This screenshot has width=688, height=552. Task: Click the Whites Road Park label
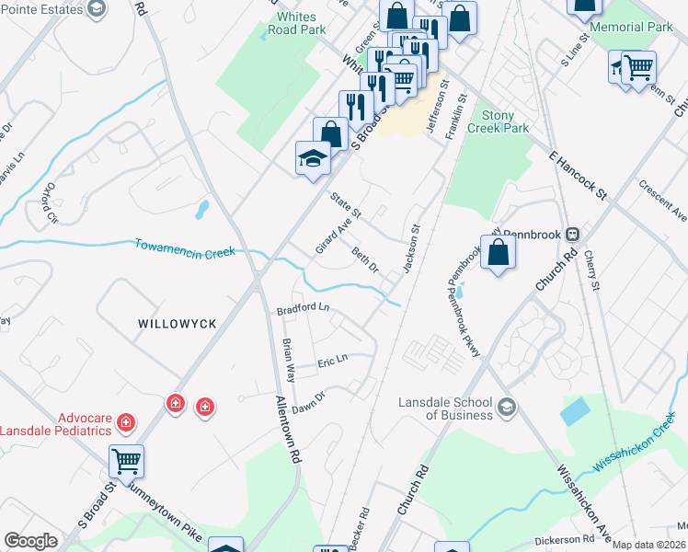click(296, 23)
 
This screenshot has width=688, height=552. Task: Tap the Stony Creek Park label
click(505, 121)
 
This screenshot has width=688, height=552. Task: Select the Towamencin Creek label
click(185, 247)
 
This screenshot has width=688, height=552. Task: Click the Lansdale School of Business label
click(445, 408)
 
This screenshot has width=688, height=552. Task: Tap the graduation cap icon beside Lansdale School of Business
click(506, 407)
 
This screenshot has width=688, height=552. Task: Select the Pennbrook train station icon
click(572, 235)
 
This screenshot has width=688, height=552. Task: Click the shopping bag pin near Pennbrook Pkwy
click(498, 253)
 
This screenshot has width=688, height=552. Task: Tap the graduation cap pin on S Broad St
click(312, 158)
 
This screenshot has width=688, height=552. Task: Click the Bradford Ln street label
click(303, 308)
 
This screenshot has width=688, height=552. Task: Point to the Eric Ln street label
click(333, 360)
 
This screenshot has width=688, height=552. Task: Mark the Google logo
click(30, 541)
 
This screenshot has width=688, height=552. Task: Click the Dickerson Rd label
click(565, 539)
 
